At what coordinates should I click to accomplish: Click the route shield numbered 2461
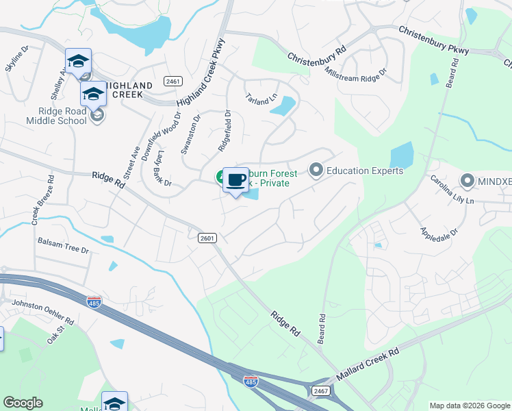(172, 82)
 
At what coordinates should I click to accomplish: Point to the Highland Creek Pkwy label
(201, 71)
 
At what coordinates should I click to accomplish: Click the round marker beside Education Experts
(316, 169)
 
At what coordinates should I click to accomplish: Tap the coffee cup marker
(236, 180)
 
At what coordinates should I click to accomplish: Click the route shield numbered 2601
(208, 238)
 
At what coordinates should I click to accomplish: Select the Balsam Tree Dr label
(63, 247)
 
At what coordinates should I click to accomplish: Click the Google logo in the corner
(23, 403)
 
